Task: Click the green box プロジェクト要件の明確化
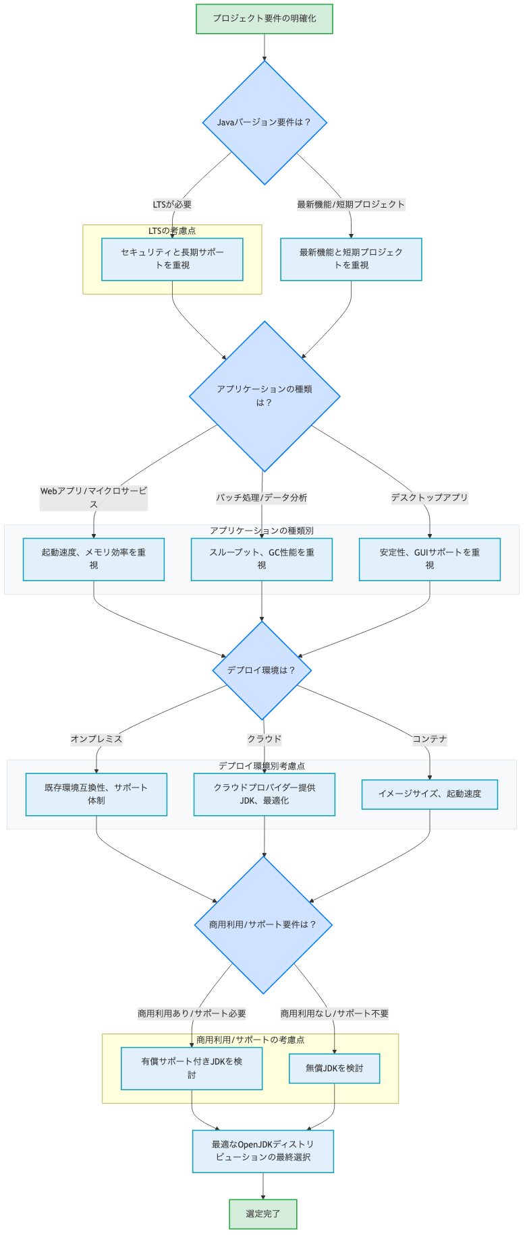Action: tap(264, 19)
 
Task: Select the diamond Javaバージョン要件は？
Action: tap(264, 123)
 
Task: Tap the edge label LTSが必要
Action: tap(172, 204)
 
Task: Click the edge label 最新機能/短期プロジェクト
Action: tap(351, 204)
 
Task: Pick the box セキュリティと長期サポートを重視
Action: tap(172, 259)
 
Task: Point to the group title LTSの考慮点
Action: tap(172, 231)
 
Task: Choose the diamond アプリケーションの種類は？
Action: tap(264, 396)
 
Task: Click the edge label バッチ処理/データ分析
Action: tap(262, 498)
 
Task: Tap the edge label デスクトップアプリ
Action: tap(429, 498)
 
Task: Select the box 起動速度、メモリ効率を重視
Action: tap(94, 559)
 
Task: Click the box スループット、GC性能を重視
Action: tap(262, 559)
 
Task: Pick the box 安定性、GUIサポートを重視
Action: tap(429, 559)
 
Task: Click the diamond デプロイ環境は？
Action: tap(262, 670)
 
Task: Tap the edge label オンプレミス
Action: tap(96, 739)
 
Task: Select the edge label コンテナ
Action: tap(430, 739)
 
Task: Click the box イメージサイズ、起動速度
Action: tap(430, 794)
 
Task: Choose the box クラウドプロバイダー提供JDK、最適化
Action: tap(264, 794)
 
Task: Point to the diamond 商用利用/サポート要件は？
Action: tap(263, 924)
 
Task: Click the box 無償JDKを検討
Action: tap(334, 1069)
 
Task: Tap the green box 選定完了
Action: tap(263, 1214)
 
